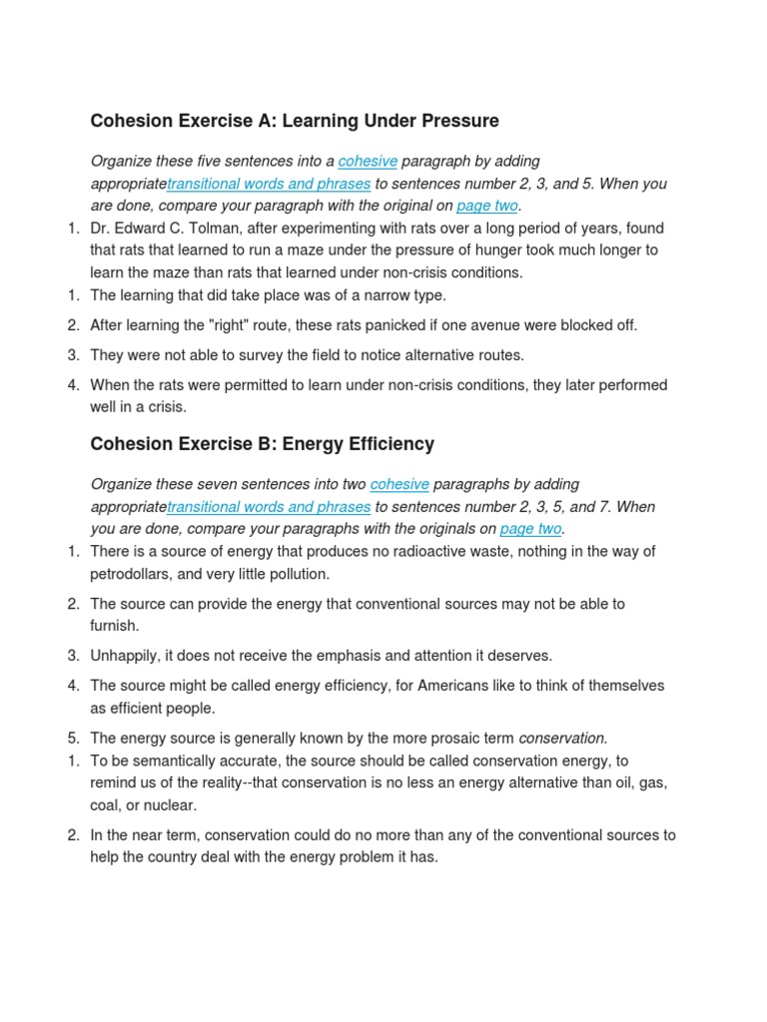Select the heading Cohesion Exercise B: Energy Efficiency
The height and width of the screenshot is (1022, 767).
pos(262,443)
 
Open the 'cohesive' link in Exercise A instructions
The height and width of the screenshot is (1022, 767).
pos(368,162)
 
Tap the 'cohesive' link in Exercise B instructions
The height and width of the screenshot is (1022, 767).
pos(399,485)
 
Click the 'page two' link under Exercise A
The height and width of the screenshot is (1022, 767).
pos(487,207)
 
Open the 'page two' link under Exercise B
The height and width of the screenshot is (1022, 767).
pos(531,529)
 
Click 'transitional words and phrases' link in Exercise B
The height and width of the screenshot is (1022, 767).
pos(269,507)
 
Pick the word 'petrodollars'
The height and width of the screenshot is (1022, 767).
pos(131,574)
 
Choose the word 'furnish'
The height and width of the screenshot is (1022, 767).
pos(114,626)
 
